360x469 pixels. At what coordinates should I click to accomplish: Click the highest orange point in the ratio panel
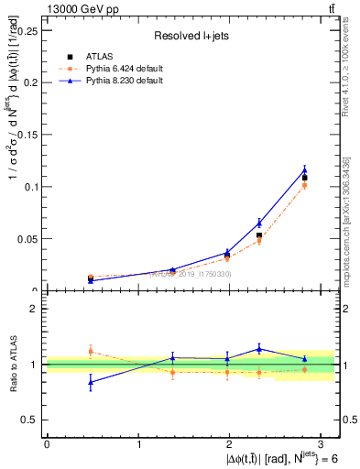click(x=90, y=351)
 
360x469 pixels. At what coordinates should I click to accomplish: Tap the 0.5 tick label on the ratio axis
click(x=31, y=420)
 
